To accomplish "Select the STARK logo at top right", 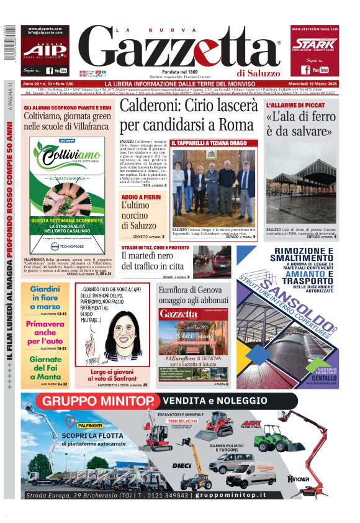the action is click(x=315, y=43).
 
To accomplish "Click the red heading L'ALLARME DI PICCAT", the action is click(x=293, y=106).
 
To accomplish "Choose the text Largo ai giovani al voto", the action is click(x=112, y=375).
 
